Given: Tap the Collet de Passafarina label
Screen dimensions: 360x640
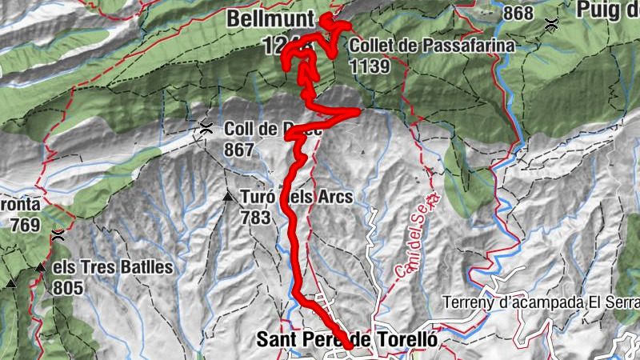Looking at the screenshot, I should point(430,46).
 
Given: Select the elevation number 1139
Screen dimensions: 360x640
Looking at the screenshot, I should point(369,66).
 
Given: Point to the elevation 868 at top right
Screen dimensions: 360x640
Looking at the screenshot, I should point(518,14).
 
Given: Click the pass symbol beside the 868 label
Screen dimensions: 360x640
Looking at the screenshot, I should point(550,24).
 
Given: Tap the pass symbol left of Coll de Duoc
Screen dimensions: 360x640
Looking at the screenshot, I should point(206,126).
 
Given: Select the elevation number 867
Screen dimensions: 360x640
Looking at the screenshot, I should point(239,150).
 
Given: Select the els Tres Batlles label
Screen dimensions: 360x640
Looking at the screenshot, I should point(112,267).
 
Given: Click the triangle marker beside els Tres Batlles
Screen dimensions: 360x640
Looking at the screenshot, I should point(40,267).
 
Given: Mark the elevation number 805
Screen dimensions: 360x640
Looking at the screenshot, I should point(69,286).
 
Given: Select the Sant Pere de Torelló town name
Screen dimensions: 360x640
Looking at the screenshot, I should point(347,339).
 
